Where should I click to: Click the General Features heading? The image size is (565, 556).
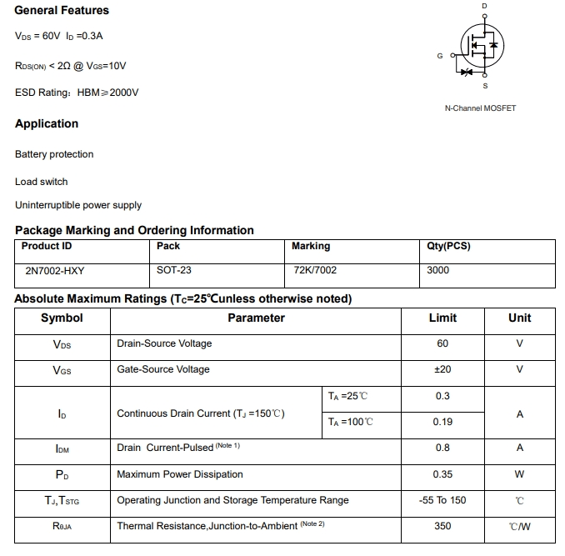tap(62, 10)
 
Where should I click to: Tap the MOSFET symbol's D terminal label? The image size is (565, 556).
tap(485, 7)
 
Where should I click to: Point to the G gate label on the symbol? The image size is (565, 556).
tap(439, 56)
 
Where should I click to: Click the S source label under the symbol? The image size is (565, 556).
tap(485, 87)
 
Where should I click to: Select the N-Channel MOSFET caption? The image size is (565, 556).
tap(480, 108)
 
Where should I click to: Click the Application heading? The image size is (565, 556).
tap(47, 123)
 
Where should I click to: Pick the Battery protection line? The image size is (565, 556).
tap(54, 154)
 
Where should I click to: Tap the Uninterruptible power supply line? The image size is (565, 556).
tap(78, 205)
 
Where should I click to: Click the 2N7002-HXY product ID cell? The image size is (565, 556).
tap(56, 270)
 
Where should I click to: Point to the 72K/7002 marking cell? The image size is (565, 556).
tap(316, 270)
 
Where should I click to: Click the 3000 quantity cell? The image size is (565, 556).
tap(437, 270)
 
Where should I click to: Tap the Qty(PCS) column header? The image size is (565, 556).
tap(448, 246)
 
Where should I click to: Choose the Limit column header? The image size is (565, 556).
tap(442, 318)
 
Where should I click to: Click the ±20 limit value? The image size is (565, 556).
tap(442, 369)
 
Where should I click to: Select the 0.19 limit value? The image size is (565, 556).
tap(442, 422)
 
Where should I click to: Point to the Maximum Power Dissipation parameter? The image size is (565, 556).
tap(180, 474)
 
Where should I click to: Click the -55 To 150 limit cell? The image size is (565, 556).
tap(442, 500)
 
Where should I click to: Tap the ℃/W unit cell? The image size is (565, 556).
tap(519, 526)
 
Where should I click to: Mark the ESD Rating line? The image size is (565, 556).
tap(77, 93)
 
